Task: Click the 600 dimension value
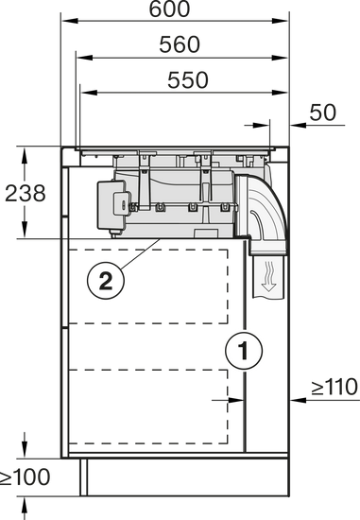(x=169, y=9)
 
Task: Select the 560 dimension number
(x=180, y=44)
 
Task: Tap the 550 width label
(x=188, y=80)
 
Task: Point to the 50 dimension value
(x=322, y=113)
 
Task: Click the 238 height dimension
(x=26, y=193)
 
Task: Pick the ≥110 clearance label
(x=334, y=387)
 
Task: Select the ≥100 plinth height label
(x=25, y=477)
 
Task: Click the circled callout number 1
(x=244, y=350)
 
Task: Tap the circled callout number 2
(x=106, y=282)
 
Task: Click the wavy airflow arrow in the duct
(x=268, y=276)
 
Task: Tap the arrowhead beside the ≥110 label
(x=298, y=400)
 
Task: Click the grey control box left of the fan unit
(x=112, y=205)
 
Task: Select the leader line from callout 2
(x=141, y=254)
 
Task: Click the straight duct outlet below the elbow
(x=268, y=276)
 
